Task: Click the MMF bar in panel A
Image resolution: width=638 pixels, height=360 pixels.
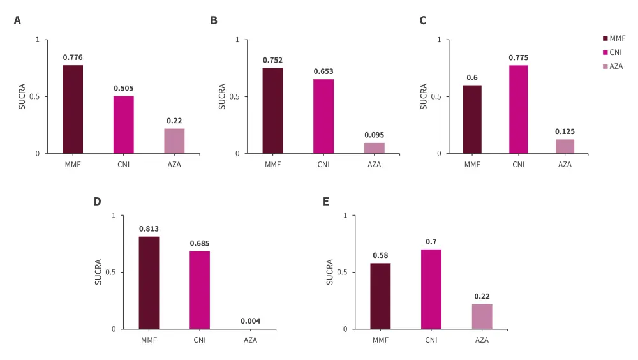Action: pos(73,109)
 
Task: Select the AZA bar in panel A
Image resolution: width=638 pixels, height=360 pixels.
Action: pos(174,141)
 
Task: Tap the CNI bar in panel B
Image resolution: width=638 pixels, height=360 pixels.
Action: pos(323,116)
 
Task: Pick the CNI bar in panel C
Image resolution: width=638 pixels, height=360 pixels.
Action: pos(518,109)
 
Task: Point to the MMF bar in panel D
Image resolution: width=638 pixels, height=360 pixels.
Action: pos(149,283)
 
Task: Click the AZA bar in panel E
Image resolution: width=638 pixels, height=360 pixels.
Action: pos(482,317)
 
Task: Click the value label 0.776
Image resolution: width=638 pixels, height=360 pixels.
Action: pos(73,57)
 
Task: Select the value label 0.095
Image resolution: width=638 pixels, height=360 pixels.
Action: pos(375,135)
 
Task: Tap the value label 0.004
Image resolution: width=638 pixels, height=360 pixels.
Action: pos(250,321)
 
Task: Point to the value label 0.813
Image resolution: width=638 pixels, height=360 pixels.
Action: pos(149,229)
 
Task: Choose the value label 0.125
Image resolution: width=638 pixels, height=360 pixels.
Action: pos(565,131)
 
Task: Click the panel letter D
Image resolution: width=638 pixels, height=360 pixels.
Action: pos(98,202)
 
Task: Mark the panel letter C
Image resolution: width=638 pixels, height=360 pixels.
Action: pos(422,20)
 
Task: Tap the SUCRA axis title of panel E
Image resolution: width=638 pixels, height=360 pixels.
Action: pos(330,272)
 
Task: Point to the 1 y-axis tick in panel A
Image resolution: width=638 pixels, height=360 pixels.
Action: pos(38,40)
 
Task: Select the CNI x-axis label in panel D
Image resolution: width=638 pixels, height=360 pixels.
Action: pos(200,340)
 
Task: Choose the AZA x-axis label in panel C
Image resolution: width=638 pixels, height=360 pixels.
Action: pos(565,165)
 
